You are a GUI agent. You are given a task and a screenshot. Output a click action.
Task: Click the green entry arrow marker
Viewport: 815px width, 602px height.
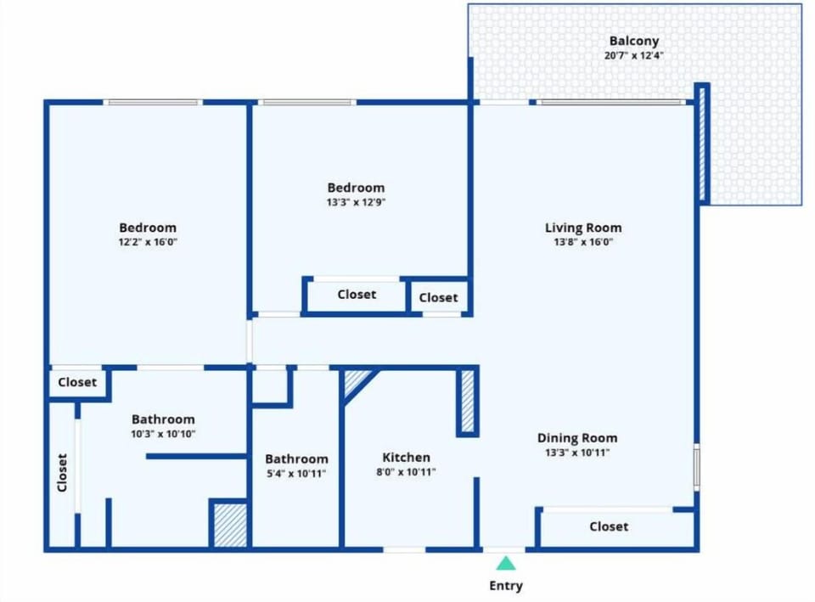[506, 563]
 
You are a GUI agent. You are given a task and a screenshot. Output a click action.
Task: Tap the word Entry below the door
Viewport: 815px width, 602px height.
[506, 586]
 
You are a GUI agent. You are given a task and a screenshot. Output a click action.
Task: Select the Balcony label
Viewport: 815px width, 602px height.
[633, 41]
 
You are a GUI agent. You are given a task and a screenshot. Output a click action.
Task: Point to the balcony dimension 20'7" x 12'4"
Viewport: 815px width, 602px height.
[633, 56]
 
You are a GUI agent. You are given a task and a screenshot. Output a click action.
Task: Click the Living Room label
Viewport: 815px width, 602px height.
[582, 228]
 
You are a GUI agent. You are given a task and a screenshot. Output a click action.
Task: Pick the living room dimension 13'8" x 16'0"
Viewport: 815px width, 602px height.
[582, 242]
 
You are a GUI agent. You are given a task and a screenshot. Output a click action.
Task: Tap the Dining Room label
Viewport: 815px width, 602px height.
[577, 438]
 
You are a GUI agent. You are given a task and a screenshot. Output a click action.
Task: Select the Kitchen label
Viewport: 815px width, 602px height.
[406, 458]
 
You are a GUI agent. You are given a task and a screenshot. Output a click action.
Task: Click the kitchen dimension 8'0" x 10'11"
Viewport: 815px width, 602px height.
[406, 472]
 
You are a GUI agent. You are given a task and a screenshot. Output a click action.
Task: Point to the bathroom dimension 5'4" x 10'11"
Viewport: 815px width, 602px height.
[295, 474]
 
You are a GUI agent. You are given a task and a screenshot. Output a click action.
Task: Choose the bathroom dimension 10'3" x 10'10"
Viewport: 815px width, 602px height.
[163, 434]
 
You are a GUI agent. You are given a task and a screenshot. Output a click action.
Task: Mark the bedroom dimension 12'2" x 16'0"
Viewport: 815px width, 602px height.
[148, 242]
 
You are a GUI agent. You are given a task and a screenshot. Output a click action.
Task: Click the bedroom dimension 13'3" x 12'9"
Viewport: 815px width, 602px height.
[356, 202]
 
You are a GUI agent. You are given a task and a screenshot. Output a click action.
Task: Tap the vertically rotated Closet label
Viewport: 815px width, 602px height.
[62, 473]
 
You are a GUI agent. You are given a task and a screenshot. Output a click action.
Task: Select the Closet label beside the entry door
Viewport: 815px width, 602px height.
[609, 526]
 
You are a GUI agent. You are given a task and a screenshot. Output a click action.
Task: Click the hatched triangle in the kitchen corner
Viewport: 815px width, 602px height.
[355, 380]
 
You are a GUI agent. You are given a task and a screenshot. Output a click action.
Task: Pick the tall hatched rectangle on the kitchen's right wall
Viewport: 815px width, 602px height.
[467, 401]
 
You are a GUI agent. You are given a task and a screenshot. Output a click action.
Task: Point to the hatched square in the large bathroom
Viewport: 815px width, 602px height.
[229, 526]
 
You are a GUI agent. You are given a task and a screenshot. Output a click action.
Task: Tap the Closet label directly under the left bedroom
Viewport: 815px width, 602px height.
[77, 382]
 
